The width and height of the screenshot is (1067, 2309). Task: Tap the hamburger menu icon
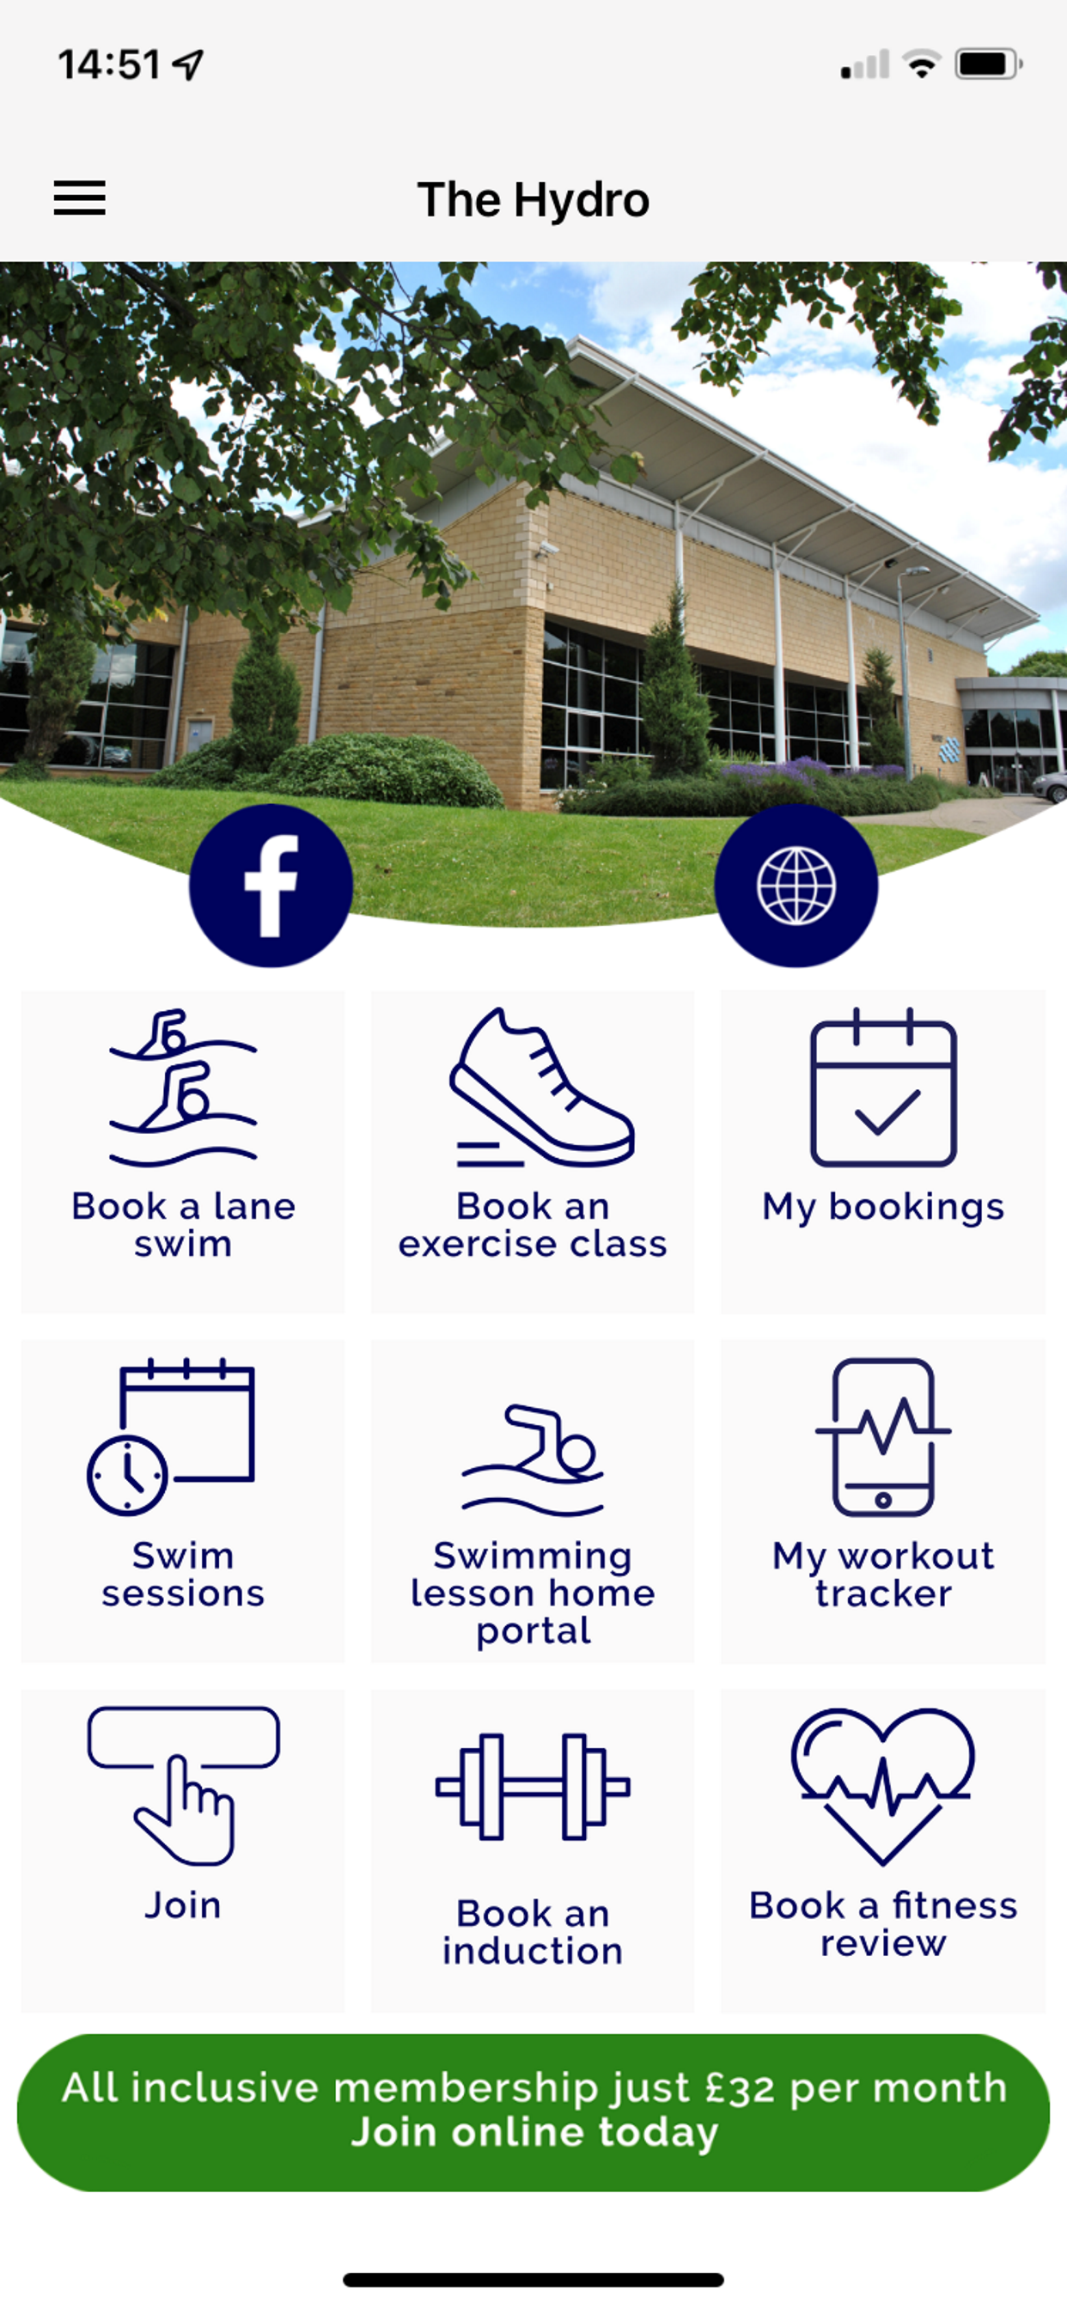pos(80,198)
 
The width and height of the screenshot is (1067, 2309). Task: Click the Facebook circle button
pos(271,886)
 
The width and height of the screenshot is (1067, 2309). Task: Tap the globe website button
pos(796,886)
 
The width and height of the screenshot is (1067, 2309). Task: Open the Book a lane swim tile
pos(183,1152)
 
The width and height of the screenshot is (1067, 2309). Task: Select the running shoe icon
pos(542,1087)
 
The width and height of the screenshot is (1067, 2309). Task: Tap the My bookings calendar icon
pos(883,1087)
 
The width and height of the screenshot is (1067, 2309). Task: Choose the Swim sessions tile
pos(183,1502)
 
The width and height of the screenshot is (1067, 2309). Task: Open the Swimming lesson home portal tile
pos(533,1502)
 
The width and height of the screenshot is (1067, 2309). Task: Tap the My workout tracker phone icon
pos(883,1437)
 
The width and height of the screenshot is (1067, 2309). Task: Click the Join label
pos(183,1904)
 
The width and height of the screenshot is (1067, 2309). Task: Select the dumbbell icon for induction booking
pos(533,1787)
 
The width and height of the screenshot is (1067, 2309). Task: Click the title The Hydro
pos(533,199)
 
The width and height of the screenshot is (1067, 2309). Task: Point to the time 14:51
pos(109,64)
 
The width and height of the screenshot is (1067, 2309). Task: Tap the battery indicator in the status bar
pos(989,64)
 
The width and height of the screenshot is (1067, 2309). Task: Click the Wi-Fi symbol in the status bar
pos(922,64)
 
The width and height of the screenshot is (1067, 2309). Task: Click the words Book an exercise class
pos(533,1224)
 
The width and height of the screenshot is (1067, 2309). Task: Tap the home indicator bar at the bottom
pos(533,2280)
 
